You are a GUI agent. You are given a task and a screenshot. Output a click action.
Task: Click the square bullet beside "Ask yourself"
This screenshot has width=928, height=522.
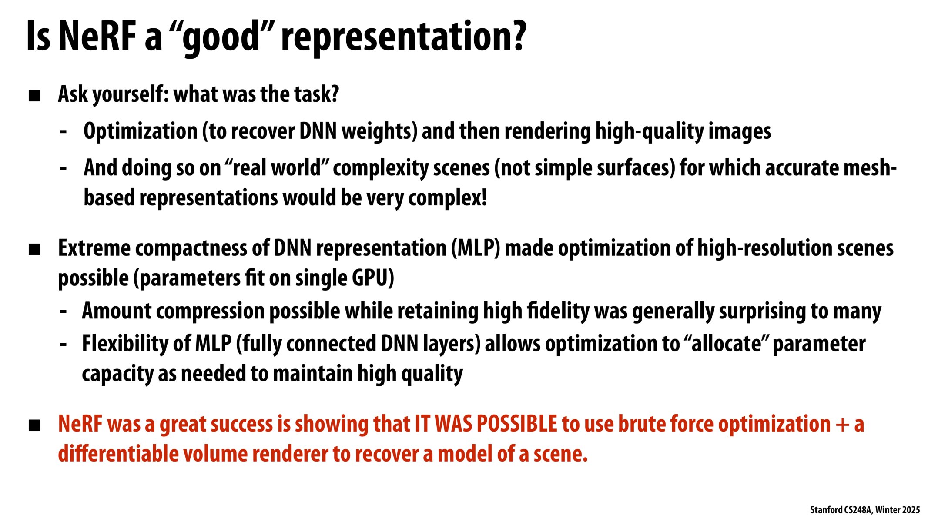[34, 96]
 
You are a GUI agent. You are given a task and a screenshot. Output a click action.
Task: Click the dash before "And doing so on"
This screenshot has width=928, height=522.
[64, 168]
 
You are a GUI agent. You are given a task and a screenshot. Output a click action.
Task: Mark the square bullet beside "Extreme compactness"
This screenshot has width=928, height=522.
[34, 250]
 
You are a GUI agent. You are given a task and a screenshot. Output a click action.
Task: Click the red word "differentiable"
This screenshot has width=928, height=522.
[117, 454]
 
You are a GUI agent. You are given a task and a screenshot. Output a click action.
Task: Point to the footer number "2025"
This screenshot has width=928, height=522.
[911, 510]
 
